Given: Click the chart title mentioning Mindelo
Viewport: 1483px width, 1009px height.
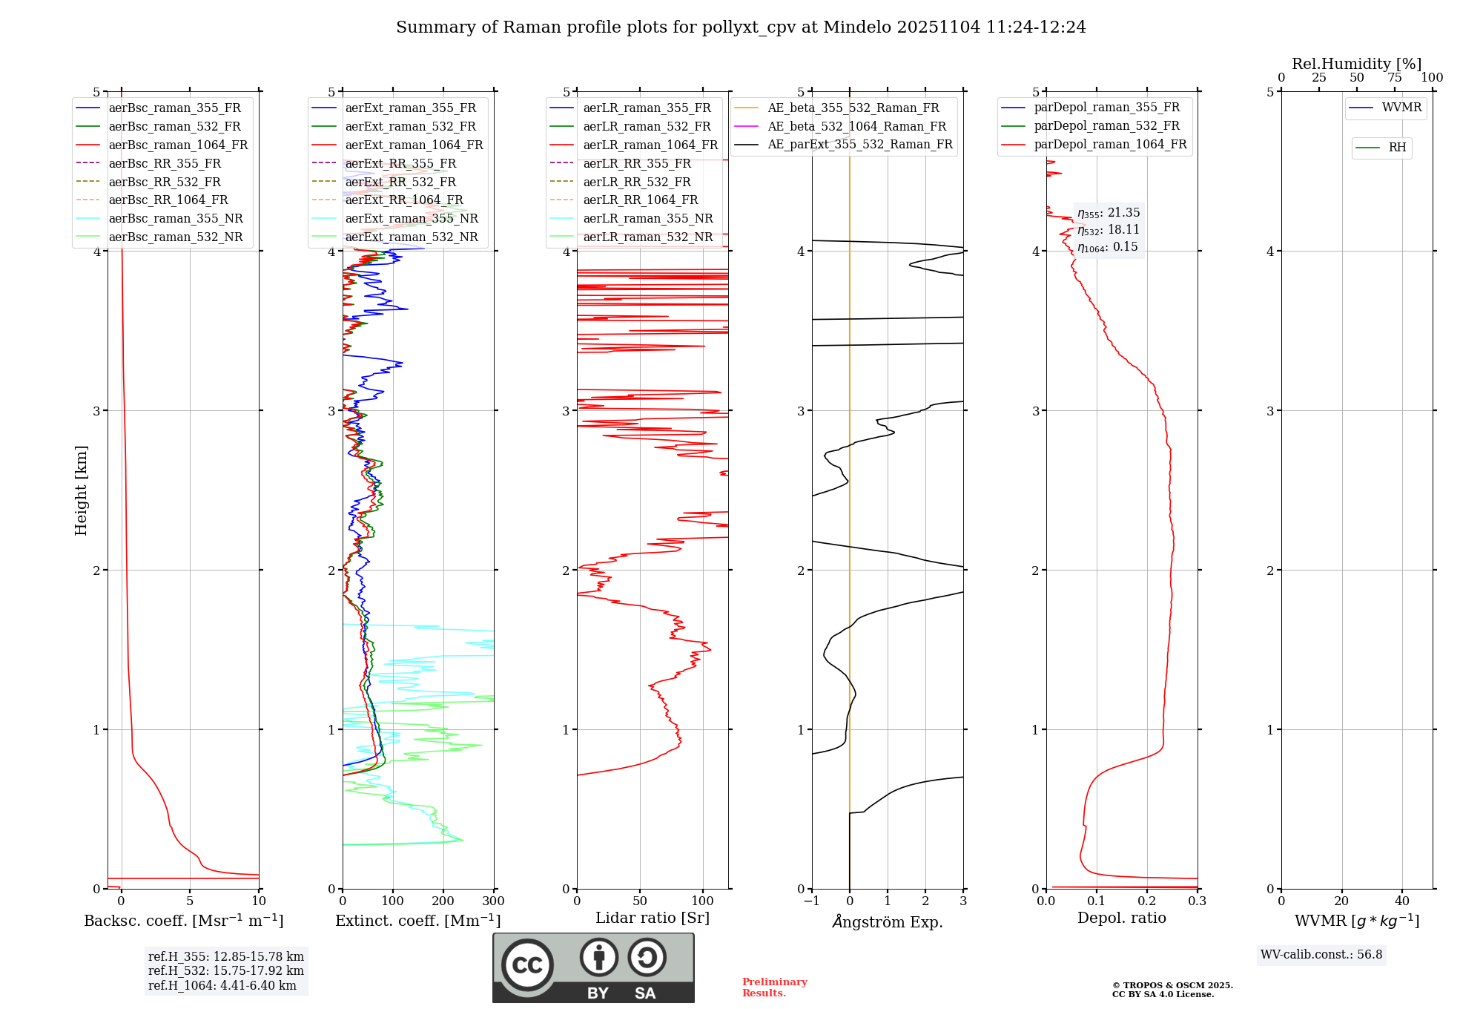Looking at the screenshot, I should coord(741,27).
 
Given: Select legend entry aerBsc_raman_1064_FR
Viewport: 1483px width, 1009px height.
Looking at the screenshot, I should coord(178,145).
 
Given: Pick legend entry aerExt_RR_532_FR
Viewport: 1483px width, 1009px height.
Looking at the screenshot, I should coord(400,182).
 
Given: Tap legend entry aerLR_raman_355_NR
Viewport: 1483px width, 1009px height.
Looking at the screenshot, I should coord(647,218).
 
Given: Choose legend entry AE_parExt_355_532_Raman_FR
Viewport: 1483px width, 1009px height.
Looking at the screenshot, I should coord(859,144).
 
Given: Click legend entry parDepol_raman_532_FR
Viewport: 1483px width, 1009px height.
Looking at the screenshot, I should coord(1106,126).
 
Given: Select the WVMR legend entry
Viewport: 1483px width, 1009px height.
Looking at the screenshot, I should coord(1401,108).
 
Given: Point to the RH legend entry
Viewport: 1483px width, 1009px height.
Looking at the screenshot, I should coord(1397,148).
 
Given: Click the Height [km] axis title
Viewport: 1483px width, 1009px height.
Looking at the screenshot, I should coord(81,490).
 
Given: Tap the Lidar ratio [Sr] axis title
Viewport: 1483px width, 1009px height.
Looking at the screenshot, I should coord(653,918).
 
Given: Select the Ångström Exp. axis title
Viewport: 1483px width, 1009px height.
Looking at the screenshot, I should coord(888,921).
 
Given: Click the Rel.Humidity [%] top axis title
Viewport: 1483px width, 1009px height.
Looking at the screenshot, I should coord(1356,64).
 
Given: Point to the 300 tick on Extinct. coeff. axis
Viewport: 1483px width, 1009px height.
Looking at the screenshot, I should coord(494,901).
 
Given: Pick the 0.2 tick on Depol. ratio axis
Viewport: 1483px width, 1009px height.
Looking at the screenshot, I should coord(1147,901).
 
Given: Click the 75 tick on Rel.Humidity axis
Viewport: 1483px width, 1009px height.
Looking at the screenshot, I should coord(1395,78).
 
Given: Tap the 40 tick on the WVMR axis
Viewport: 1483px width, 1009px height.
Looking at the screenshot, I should coord(1402,901).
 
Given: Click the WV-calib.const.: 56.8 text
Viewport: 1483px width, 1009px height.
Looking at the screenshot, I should coord(1321,955).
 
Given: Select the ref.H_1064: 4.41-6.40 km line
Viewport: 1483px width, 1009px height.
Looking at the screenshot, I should coord(222,986).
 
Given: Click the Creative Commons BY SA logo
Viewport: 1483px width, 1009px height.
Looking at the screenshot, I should coord(593,967).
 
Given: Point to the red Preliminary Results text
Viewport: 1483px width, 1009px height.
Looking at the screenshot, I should coord(774,987).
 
